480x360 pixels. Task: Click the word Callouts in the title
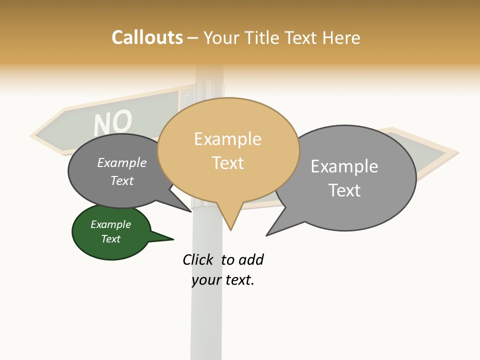point(147,37)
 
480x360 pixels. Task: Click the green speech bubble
point(111,232)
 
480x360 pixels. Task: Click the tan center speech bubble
point(228,150)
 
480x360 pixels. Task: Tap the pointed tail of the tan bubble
point(230,227)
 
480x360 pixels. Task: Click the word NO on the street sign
point(113,122)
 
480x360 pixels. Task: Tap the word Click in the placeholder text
point(198,259)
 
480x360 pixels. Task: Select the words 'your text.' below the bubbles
point(223,280)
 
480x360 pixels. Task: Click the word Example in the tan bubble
point(227,139)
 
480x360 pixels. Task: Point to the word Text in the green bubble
point(111,239)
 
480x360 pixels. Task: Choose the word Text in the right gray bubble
point(344,190)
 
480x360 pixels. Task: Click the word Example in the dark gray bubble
point(122,163)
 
